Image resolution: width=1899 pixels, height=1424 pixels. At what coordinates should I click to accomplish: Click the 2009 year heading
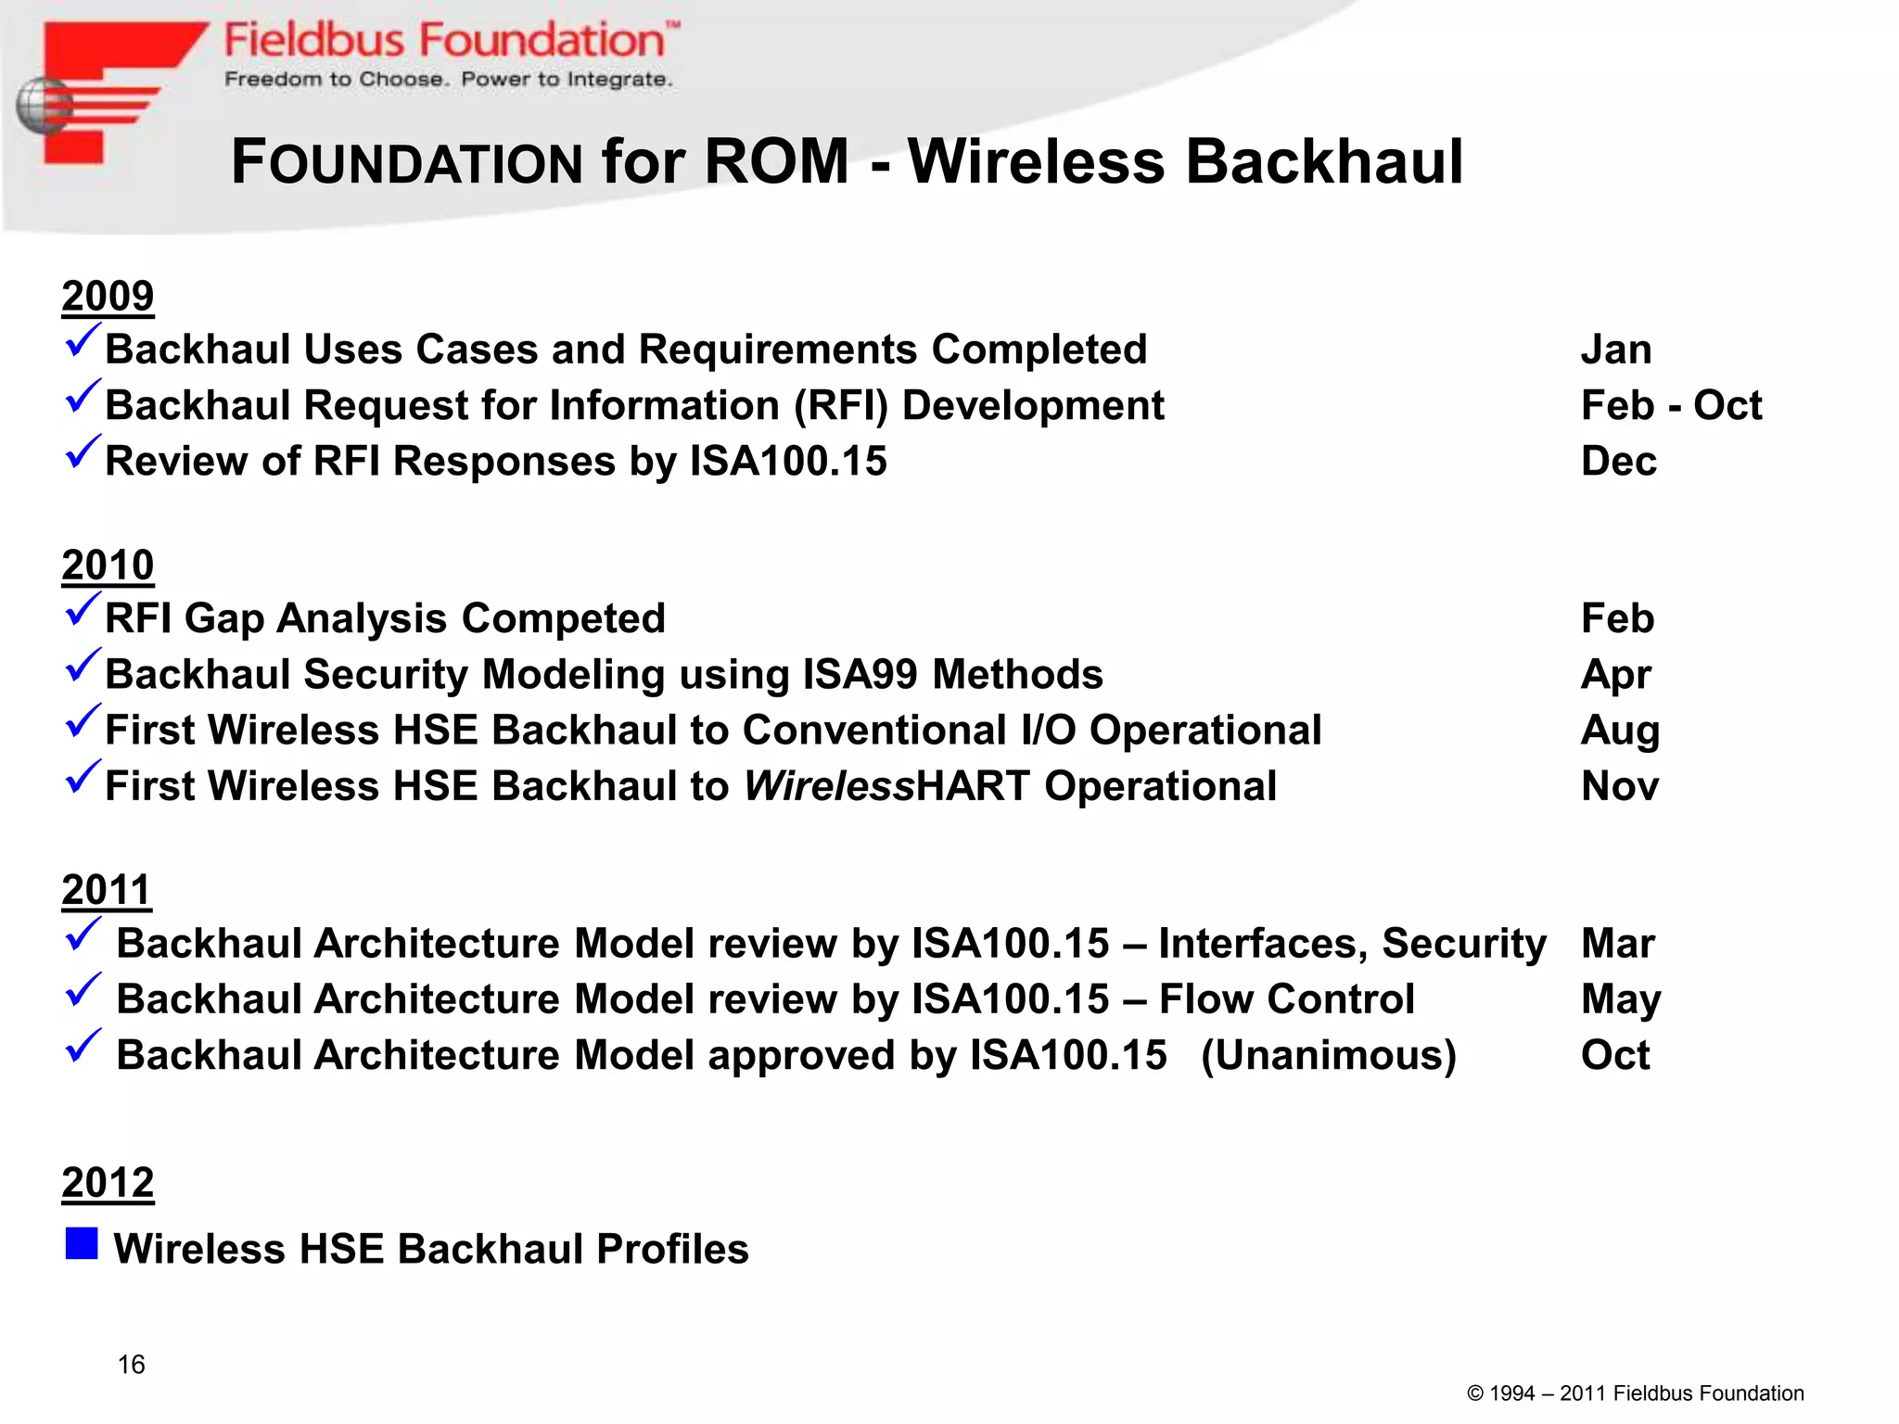click(x=108, y=297)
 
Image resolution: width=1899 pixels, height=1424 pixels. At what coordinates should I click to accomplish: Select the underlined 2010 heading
click(x=108, y=566)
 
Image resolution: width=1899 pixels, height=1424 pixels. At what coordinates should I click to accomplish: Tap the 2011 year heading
click(x=107, y=890)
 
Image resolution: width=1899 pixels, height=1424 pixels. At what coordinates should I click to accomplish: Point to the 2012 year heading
click(x=108, y=1183)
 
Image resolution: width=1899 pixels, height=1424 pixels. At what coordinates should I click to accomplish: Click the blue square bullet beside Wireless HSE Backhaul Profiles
click(x=82, y=1244)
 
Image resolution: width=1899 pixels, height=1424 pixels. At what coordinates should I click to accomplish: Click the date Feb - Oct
click(x=1671, y=405)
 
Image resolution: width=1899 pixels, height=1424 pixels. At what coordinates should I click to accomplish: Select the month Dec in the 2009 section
click(x=1618, y=461)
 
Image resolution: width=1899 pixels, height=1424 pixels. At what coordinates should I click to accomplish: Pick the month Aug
click(x=1620, y=731)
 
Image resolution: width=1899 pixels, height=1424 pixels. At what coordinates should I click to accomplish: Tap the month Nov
click(x=1620, y=786)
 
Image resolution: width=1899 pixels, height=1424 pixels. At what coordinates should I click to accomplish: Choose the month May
click(x=1621, y=999)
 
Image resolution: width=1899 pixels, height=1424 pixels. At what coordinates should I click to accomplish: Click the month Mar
click(x=1618, y=944)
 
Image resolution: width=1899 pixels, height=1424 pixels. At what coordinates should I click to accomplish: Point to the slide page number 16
click(x=131, y=1365)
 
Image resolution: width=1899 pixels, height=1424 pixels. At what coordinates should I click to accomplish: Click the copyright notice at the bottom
click(x=1636, y=1393)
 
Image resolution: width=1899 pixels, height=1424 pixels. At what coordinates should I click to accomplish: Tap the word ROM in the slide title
click(x=776, y=161)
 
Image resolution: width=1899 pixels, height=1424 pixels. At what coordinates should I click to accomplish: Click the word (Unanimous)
click(x=1329, y=1055)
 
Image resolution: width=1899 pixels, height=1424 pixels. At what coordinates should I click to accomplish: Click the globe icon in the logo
click(x=43, y=106)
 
